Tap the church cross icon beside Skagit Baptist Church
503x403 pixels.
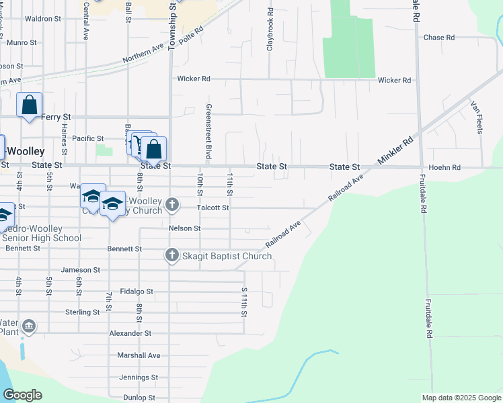(x=171, y=255)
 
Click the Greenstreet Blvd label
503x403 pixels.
(x=208, y=134)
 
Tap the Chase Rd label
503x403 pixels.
(x=439, y=38)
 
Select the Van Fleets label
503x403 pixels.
(x=477, y=116)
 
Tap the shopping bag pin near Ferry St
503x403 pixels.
(x=29, y=105)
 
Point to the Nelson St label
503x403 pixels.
(x=184, y=228)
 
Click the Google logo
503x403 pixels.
(x=23, y=395)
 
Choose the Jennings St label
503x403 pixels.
(x=139, y=377)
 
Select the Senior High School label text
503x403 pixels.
(x=41, y=238)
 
